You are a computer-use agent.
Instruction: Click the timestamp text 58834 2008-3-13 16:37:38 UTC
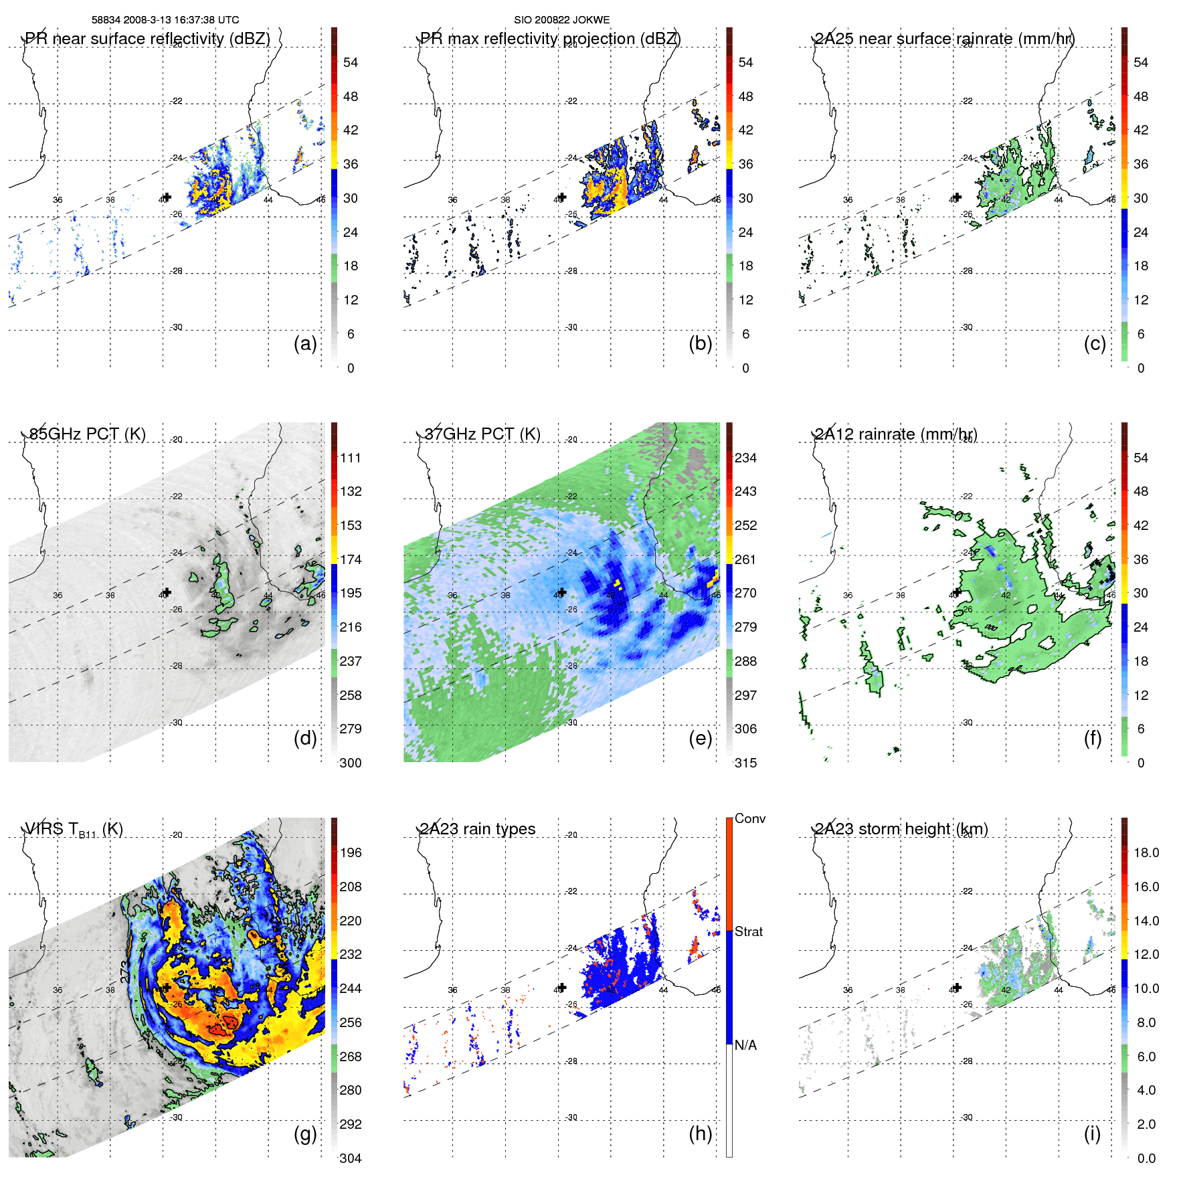tap(165, 20)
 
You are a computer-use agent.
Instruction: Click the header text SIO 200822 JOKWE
tap(561, 20)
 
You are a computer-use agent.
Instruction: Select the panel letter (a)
tap(305, 343)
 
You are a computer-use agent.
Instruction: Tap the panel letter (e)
tap(700, 738)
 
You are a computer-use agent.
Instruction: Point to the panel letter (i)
tap(1092, 1133)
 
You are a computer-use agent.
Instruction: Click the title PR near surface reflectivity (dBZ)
tap(147, 39)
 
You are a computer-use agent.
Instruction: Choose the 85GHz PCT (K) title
tap(87, 434)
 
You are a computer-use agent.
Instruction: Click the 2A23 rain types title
tap(478, 829)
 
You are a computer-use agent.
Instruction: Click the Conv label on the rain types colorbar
tap(750, 818)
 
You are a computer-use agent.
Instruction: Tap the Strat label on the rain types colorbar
tap(749, 931)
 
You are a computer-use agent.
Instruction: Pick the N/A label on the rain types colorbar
tap(745, 1045)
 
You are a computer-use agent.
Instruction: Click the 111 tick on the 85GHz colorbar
tap(351, 458)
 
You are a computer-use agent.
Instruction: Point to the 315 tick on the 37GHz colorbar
tap(745, 763)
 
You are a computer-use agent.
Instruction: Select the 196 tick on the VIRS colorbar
tap(351, 852)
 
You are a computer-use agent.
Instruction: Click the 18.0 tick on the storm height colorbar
tap(1146, 852)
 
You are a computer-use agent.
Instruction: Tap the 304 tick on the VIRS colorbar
tap(351, 1158)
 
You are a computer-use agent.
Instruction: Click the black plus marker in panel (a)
tap(167, 197)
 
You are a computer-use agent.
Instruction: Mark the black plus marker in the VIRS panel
tap(167, 988)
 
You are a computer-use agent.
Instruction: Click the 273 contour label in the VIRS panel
tap(124, 972)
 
